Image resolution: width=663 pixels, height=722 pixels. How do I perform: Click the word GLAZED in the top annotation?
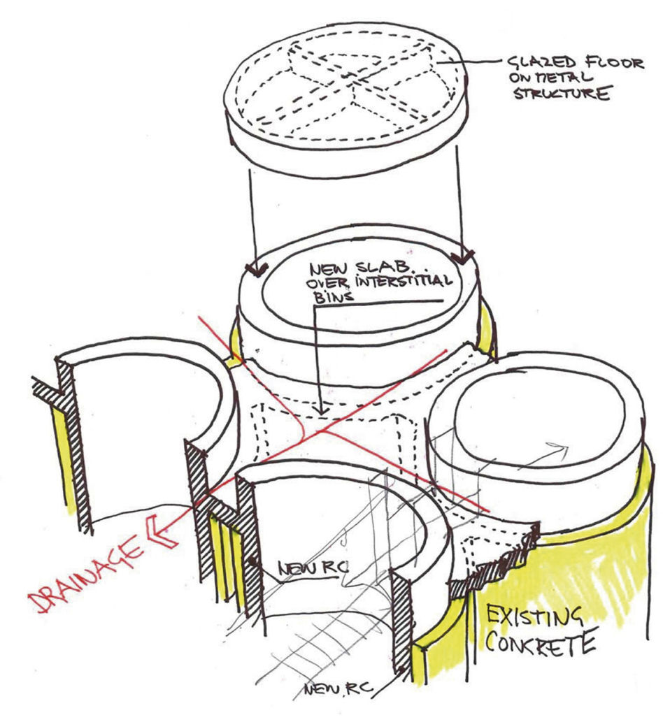click(x=538, y=63)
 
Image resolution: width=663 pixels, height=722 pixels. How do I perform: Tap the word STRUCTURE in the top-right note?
click(x=562, y=94)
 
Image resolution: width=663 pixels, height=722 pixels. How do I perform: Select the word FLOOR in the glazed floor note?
click(x=609, y=63)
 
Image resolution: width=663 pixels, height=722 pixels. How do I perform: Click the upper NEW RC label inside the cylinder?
click(x=313, y=568)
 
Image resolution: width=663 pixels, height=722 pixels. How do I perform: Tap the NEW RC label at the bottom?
click(x=338, y=689)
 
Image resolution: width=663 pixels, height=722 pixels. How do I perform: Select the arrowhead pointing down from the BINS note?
click(x=322, y=409)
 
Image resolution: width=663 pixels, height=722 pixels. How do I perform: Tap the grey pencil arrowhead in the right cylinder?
click(x=559, y=449)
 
